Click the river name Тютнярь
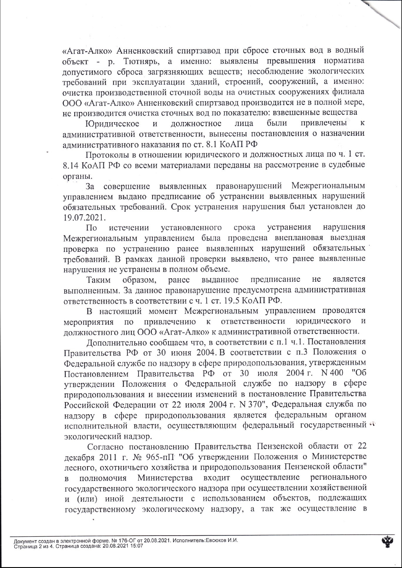click(x=142, y=61)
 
